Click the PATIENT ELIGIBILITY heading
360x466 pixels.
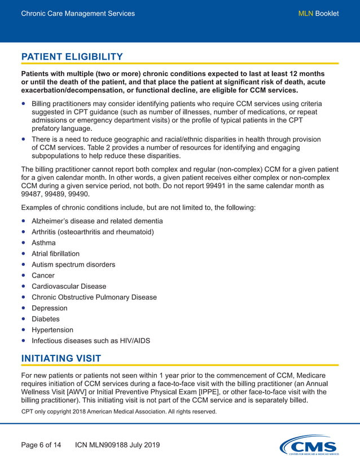72,57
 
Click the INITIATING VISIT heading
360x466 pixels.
61,358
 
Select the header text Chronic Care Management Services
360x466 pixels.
78,14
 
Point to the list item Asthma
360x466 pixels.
43,243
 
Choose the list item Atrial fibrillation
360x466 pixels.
55,254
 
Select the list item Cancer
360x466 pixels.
43,275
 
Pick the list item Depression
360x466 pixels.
49,308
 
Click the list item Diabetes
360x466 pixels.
45,319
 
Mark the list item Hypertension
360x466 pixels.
52,329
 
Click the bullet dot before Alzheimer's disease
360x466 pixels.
23,221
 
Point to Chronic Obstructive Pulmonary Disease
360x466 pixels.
94,297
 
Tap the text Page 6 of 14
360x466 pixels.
41,445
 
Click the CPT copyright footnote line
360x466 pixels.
118,412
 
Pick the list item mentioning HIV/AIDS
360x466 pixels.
91,341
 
